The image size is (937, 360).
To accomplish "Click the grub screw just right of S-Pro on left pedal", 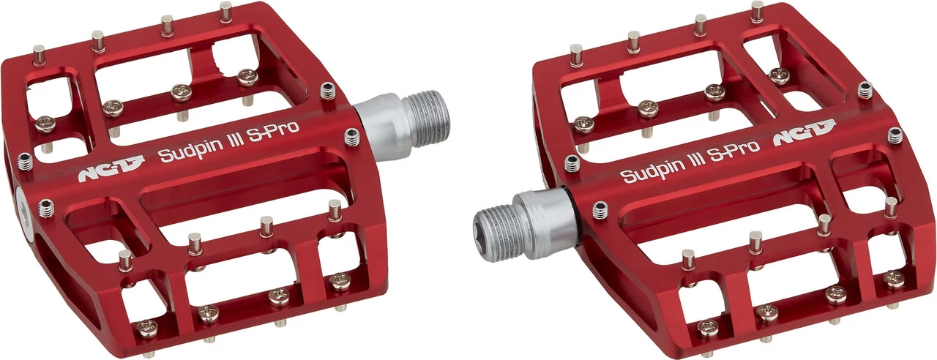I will click(x=353, y=135).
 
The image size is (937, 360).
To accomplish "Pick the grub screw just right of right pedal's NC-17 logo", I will click(x=895, y=135).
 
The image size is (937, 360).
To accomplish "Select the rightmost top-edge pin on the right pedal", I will click(x=756, y=11).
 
